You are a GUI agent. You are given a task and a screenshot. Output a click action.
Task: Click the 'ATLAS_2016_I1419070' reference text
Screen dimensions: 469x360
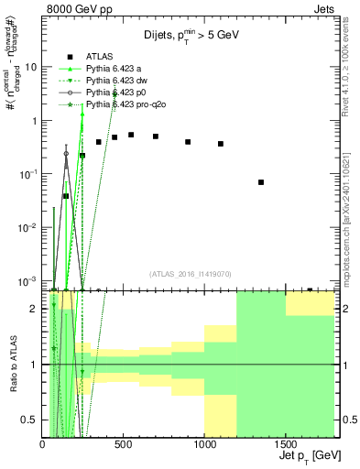189,274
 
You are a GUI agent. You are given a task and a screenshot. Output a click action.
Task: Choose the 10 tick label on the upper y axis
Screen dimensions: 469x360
30,67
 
